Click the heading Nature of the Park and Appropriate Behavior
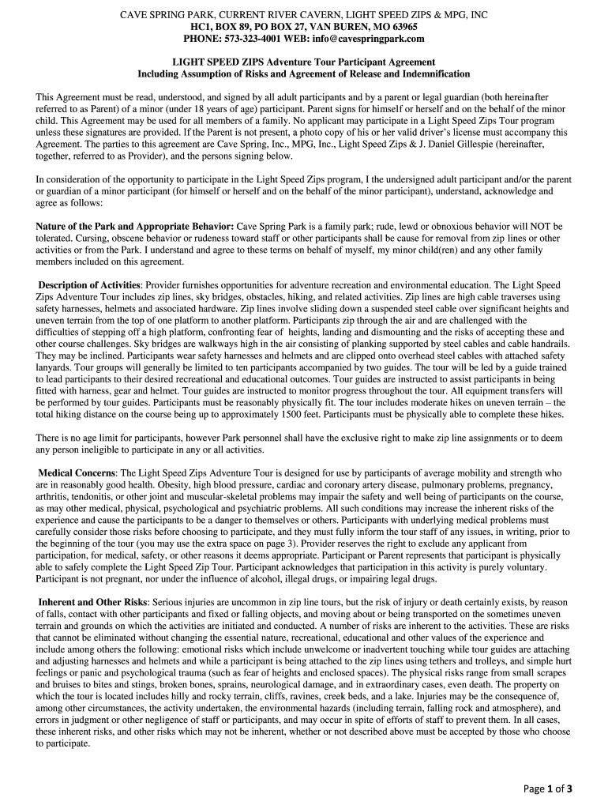coord(134,227)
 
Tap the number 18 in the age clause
coord(204,109)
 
